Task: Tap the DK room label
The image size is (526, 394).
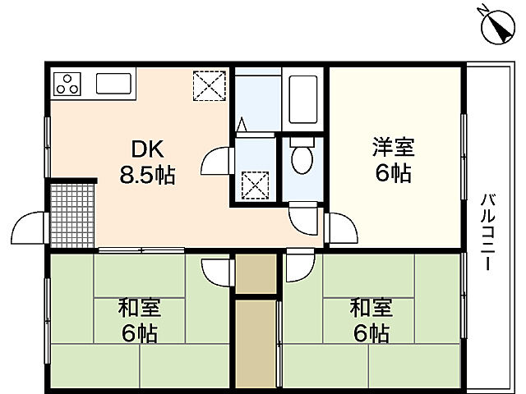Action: [x=149, y=149]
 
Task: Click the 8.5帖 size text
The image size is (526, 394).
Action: [x=148, y=175]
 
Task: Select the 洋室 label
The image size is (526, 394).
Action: [x=394, y=149]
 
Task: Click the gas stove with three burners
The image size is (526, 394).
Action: [x=67, y=83]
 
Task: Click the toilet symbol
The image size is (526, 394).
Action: [x=302, y=158]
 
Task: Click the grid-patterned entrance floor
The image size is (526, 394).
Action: [x=72, y=213]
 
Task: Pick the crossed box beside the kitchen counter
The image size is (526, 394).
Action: [x=208, y=85]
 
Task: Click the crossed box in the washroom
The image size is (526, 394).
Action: [x=258, y=184]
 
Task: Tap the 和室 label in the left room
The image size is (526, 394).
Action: [x=139, y=309]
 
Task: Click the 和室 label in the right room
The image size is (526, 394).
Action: [x=371, y=309]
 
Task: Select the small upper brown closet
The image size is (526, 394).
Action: [x=256, y=273]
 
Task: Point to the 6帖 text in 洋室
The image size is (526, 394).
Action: [x=394, y=174]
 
